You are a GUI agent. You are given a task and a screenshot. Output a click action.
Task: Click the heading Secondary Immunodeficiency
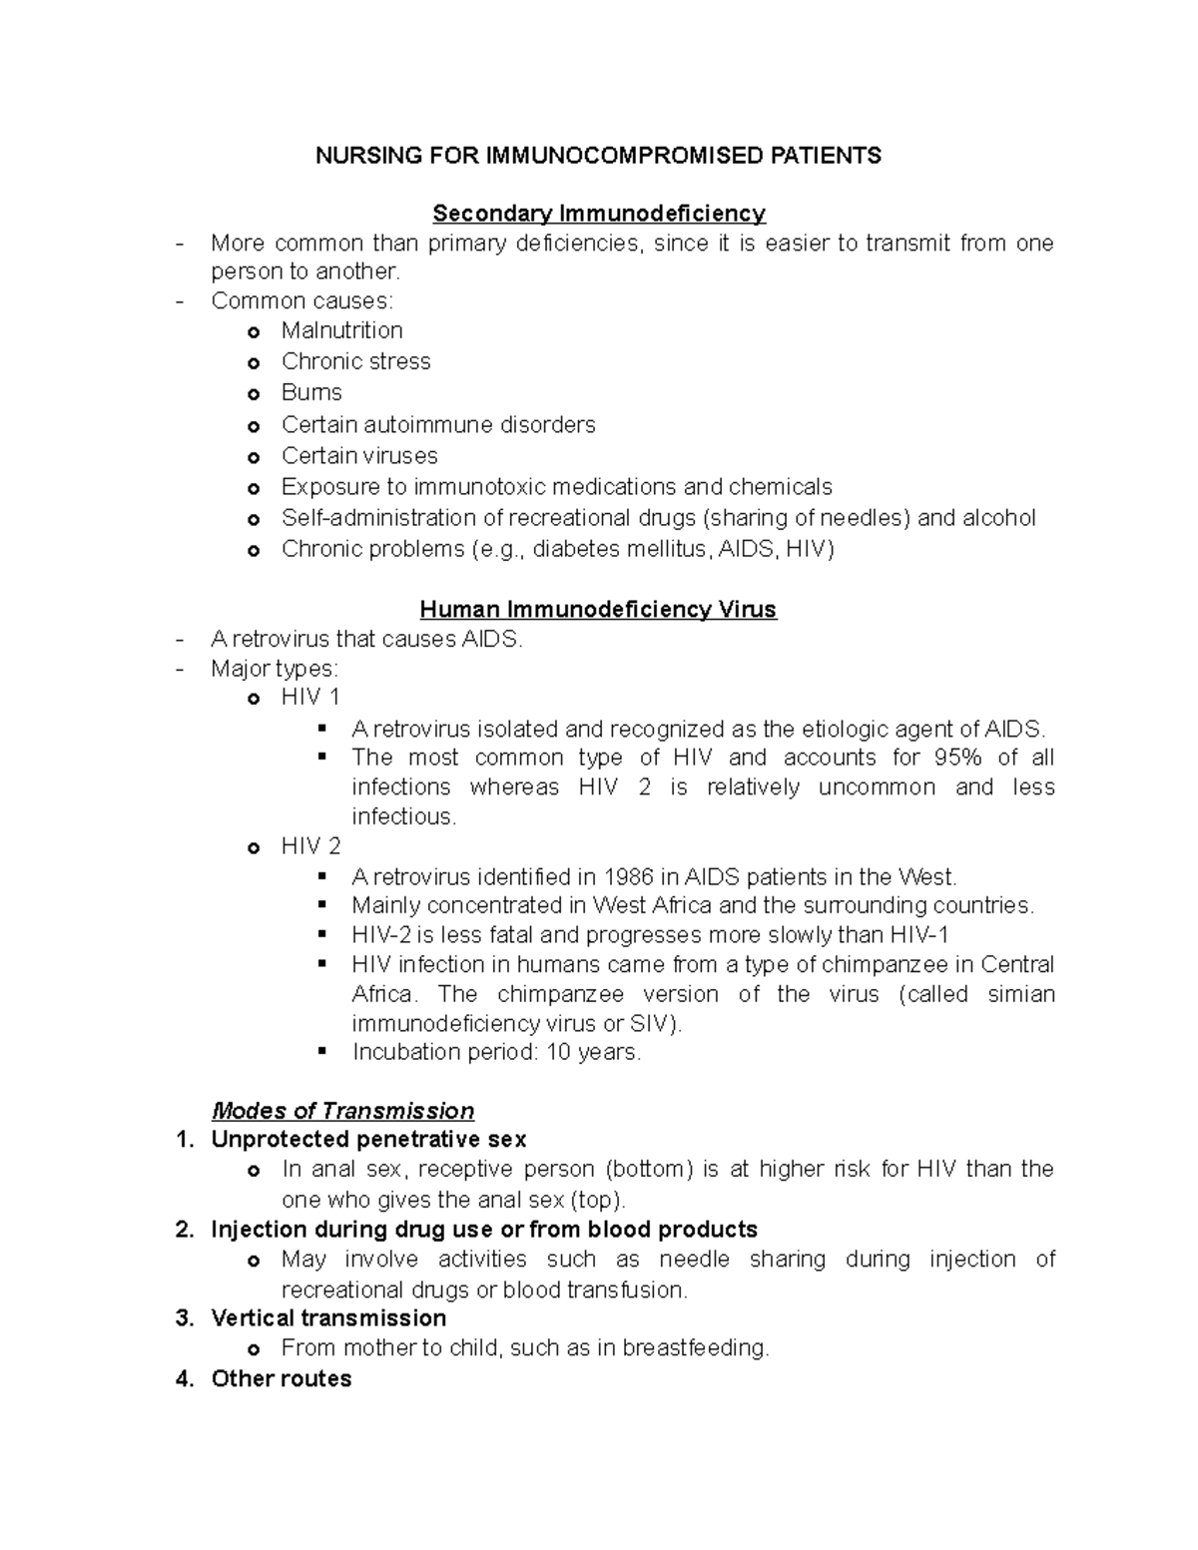(x=598, y=214)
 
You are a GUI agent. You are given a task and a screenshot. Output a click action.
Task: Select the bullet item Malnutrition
(x=341, y=330)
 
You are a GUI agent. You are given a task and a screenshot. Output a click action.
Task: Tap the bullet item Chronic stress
(x=355, y=361)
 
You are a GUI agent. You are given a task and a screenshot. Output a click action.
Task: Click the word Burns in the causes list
(x=311, y=392)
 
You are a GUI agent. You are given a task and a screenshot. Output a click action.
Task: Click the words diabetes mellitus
(x=623, y=549)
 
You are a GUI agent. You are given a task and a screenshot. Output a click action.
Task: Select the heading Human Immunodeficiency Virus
(x=598, y=610)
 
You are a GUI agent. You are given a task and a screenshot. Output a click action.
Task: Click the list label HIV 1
(x=310, y=697)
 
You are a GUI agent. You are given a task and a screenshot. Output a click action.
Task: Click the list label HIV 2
(x=310, y=846)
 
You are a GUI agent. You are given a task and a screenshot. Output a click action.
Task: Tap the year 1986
(x=628, y=877)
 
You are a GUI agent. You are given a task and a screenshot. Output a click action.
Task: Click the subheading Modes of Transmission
(x=342, y=1111)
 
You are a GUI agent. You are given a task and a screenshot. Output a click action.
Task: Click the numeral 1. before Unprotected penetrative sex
(x=184, y=1140)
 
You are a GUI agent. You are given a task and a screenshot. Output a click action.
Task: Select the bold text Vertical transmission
(x=328, y=1318)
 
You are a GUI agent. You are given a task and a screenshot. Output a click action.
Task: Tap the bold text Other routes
(x=282, y=1379)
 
